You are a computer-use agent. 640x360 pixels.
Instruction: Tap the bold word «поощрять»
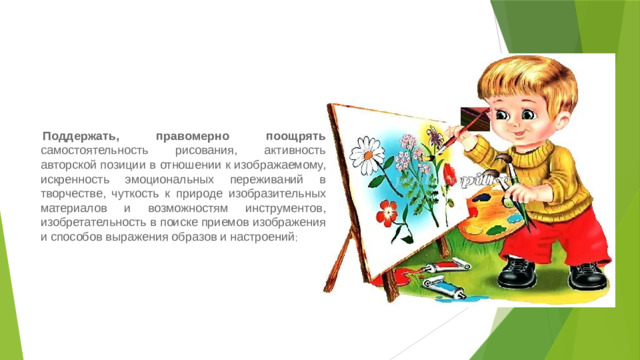click(296, 134)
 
